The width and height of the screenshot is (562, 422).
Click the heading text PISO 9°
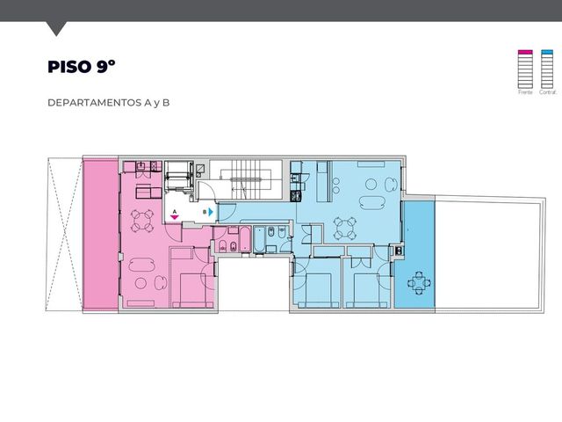pos(82,67)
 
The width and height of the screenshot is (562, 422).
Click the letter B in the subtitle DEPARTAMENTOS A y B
pos(166,103)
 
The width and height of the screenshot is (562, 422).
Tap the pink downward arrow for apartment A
pos(175,217)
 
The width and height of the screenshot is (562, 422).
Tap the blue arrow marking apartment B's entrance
pos(211,212)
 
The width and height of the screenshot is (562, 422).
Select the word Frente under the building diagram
pos(525,92)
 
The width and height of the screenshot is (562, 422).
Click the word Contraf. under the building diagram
pos(548,92)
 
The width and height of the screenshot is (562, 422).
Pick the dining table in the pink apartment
pos(142,221)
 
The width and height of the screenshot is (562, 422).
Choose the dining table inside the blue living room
pos(345,229)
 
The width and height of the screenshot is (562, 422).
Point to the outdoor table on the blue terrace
pos(419,283)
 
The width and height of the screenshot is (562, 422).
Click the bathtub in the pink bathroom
pos(245,239)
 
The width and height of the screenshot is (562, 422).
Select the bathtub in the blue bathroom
pos(259,239)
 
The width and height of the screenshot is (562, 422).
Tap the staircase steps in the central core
pos(245,179)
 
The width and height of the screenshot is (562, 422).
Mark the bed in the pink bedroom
pos(192,291)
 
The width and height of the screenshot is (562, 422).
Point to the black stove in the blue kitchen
pos(296,196)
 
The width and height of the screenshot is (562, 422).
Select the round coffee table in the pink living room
pos(140,283)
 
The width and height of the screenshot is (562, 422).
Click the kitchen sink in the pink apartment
pos(142,166)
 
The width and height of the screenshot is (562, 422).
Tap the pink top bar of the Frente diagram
pos(525,52)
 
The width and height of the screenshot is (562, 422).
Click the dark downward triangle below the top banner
pos(56,28)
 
